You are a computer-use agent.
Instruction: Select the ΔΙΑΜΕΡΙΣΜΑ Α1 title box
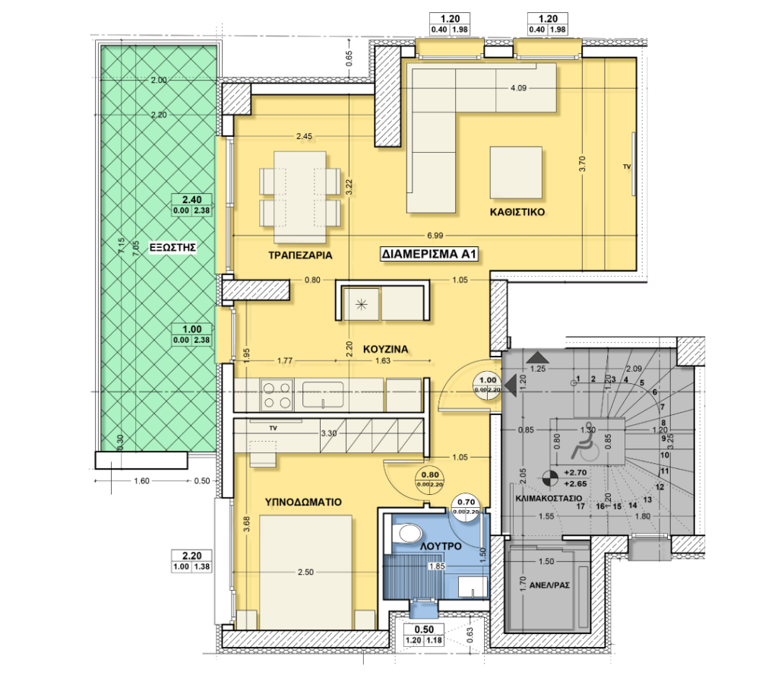click(429, 255)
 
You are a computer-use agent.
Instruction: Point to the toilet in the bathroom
click(406, 534)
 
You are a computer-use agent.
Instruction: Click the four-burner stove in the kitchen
click(277, 395)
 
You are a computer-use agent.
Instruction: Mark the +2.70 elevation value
click(574, 471)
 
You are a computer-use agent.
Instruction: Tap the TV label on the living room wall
click(627, 166)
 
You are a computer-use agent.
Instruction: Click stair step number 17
click(580, 506)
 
